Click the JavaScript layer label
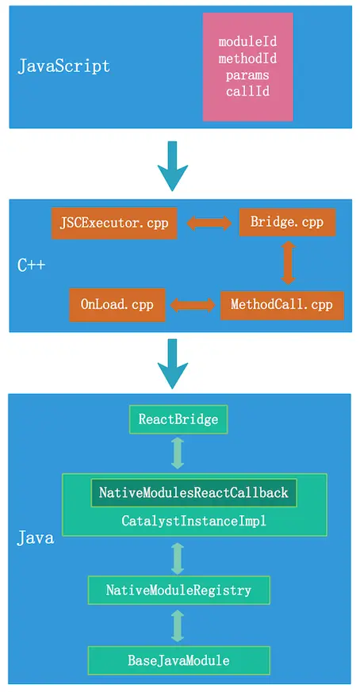[x=64, y=66]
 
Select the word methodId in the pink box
[x=247, y=58]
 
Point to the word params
[x=247, y=75]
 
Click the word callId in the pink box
[x=247, y=92]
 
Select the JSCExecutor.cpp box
[x=114, y=222]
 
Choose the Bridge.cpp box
[x=287, y=222]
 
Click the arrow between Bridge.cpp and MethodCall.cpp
[x=288, y=263]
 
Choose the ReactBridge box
[x=178, y=419]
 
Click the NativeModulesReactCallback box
[x=193, y=493]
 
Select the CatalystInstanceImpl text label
[x=193, y=522]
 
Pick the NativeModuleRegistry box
[x=178, y=590]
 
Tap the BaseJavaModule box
[x=178, y=659]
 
